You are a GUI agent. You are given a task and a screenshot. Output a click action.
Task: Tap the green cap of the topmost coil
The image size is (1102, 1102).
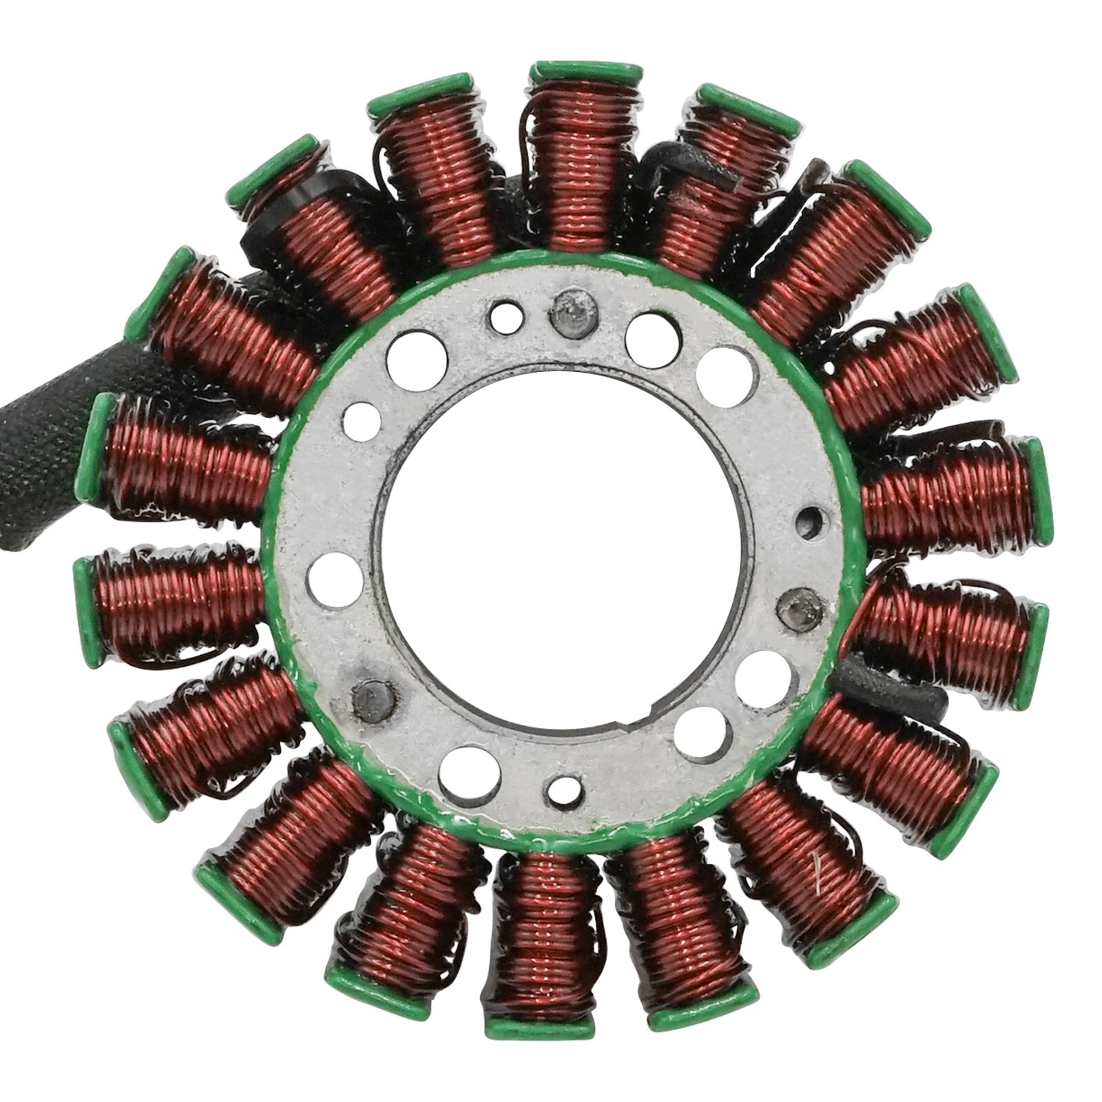tap(585, 71)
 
